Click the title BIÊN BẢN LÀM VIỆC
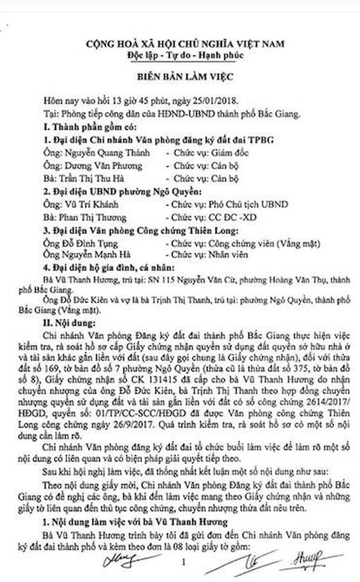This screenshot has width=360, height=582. tap(185, 77)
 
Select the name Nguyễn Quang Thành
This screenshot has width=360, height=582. tap(107, 153)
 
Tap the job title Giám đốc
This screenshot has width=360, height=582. tap(229, 153)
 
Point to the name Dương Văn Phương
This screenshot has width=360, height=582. tap(103, 166)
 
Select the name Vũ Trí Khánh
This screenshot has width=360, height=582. tap(91, 204)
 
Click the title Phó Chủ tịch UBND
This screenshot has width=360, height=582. tap(248, 204)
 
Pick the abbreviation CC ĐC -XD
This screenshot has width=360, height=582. tap(232, 217)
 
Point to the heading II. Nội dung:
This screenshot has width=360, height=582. tap(69, 323)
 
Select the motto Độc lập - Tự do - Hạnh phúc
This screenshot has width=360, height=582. tap(185, 55)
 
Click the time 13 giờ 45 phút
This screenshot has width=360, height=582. tap(140, 100)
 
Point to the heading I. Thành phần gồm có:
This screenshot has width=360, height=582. tap(90, 127)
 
